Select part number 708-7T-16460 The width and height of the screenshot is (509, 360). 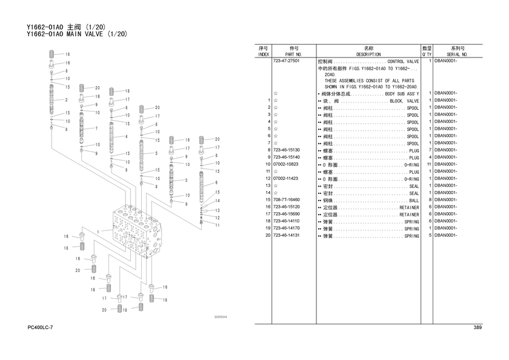click(287, 200)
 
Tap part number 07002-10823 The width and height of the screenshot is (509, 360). click(287, 164)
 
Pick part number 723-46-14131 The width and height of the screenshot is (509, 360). click(287, 236)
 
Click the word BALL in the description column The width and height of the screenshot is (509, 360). click(414, 201)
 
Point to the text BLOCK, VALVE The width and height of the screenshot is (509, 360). click(405, 101)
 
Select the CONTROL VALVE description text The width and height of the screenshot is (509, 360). click(403, 62)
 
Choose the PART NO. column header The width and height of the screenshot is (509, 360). click(294, 55)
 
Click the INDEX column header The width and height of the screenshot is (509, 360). click(264, 55)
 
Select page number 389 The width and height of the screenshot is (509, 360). click(477, 328)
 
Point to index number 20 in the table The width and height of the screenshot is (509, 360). click(267, 236)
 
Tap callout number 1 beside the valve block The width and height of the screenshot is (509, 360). click(96, 231)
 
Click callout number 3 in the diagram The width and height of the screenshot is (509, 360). click(185, 180)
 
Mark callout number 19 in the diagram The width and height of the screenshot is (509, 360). click(93, 290)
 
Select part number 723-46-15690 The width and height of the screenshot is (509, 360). click(287, 215)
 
